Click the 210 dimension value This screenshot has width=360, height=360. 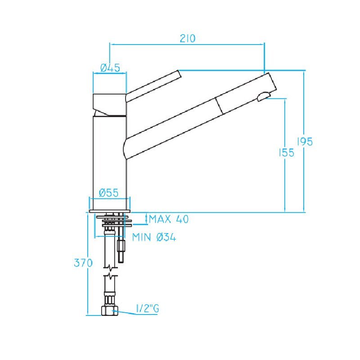187,38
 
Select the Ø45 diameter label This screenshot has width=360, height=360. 110,68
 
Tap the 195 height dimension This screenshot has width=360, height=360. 305,141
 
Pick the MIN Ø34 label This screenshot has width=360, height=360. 154,237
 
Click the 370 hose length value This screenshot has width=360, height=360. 83,263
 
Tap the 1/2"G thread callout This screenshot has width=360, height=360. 148,309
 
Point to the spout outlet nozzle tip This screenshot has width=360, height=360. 264,96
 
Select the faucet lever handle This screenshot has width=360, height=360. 153,85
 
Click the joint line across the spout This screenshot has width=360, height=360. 219,105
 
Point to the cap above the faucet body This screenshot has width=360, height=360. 109,103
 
